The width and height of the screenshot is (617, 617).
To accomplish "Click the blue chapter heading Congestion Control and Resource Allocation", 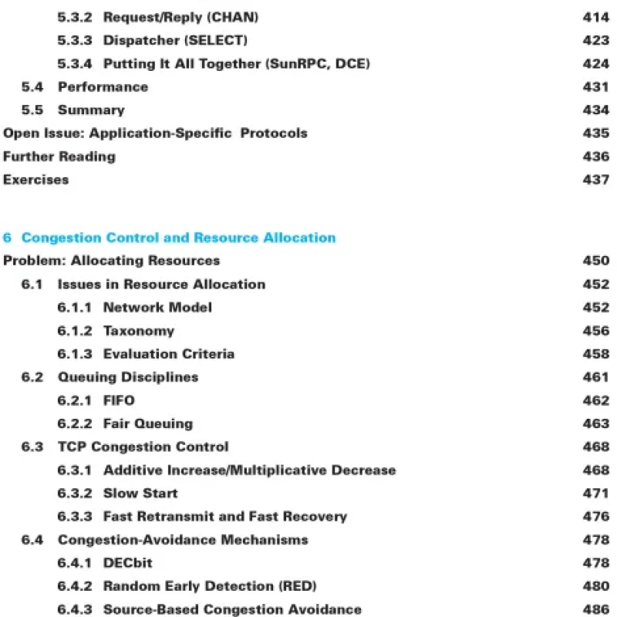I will coord(178,238).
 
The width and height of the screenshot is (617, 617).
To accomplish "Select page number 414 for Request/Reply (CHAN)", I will coord(595,17).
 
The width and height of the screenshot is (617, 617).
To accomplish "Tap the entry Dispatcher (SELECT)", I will coord(175,40).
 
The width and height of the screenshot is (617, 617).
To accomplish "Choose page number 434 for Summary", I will coord(595,110).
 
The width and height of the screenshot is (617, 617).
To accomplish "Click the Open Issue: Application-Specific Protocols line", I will coord(155,133).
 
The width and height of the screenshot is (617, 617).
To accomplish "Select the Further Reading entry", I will coord(59,156).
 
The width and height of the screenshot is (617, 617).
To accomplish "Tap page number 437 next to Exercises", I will coord(595,179).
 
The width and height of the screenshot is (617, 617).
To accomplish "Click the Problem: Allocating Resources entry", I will coord(111,261).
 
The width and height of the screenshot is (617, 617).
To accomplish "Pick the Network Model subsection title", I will coord(157,307).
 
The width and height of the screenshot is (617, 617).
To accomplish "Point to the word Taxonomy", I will coord(139,330).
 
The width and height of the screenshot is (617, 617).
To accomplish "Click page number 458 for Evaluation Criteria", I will coord(595,353).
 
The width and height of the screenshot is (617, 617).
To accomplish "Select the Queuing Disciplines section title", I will coord(128,376).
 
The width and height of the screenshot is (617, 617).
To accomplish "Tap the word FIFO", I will coord(119,400).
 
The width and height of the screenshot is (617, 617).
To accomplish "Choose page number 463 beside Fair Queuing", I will coord(595,423).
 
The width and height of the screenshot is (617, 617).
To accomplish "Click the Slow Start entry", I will coord(140,493).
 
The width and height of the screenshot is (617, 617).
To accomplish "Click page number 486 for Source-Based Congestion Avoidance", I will coord(595,609).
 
